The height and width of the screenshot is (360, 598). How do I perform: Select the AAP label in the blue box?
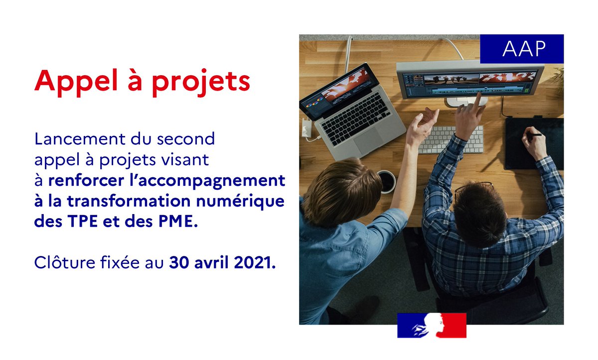point(521,49)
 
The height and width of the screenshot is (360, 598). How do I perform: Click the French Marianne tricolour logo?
point(432,325)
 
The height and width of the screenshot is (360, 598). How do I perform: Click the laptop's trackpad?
point(369,141)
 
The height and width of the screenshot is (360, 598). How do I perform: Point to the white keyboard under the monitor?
point(448,139)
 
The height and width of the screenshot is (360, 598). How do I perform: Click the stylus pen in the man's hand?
point(534,134)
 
